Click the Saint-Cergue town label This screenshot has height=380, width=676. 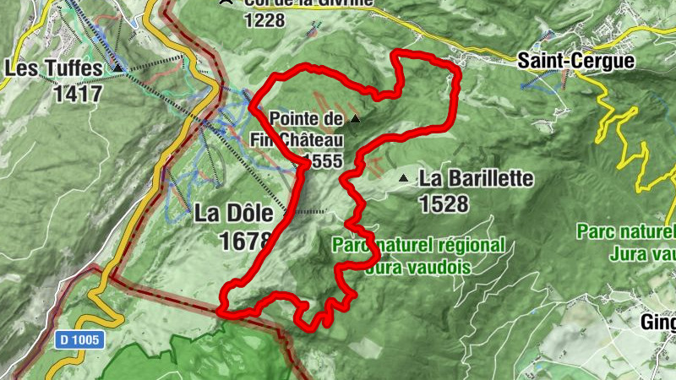click(564, 61)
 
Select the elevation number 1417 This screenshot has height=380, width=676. click(77, 92)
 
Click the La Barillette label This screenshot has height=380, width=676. click(477, 179)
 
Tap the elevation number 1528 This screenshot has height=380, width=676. click(444, 204)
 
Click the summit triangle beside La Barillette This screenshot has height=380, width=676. click(404, 178)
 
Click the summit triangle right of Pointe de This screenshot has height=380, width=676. click(355, 119)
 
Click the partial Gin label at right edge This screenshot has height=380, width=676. click(657, 323)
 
